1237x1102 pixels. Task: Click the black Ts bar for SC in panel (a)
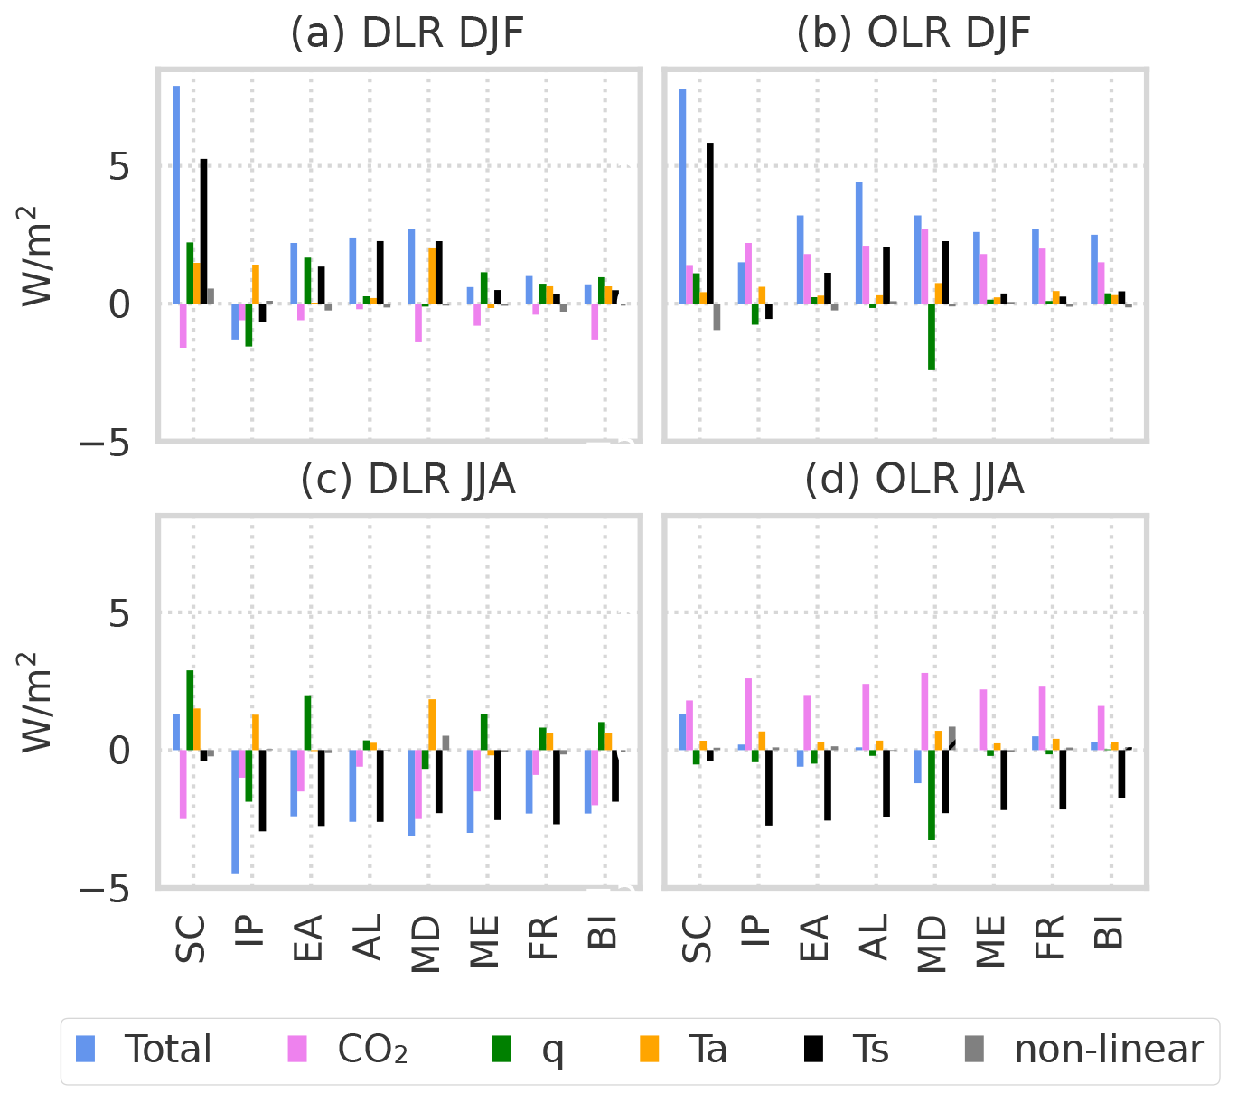[204, 231]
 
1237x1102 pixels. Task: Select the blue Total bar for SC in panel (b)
[683, 196]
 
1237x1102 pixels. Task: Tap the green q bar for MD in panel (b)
[932, 337]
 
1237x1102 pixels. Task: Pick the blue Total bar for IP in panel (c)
[235, 811]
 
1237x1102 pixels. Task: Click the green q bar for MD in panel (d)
[932, 795]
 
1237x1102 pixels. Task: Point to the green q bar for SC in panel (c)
[190, 710]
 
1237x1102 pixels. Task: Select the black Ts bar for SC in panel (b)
[710, 223]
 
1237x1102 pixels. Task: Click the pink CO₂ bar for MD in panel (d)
[924, 712]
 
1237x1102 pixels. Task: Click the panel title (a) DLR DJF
[407, 34]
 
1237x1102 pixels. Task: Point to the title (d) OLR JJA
[914, 480]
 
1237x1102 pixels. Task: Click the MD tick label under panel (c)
[426, 945]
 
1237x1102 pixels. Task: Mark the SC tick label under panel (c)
[191, 939]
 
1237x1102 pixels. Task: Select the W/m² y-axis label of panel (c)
[39, 701]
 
